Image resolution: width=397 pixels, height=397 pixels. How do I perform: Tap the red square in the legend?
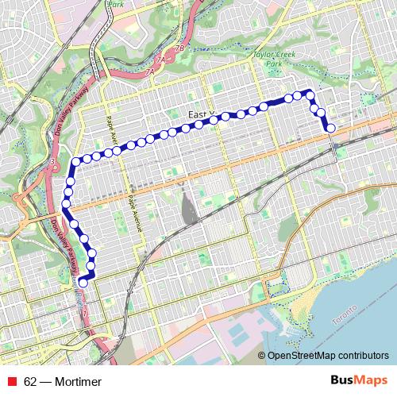tap(12, 382)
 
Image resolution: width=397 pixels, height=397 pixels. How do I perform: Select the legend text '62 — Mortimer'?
tap(63, 382)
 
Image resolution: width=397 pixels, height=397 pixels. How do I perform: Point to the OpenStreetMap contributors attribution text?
tap(328, 357)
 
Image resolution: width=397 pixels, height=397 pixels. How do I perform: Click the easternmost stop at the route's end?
tap(330, 128)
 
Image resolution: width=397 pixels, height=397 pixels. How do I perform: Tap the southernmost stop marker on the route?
tap(83, 282)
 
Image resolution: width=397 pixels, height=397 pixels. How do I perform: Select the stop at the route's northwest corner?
tap(76, 162)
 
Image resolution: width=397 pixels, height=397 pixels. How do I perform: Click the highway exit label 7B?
tap(179, 49)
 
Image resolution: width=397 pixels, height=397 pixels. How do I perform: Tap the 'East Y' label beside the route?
tap(202, 115)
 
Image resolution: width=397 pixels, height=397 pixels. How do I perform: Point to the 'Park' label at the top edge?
tap(118, 4)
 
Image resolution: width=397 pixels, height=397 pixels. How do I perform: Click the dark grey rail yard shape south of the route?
tap(189, 207)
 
